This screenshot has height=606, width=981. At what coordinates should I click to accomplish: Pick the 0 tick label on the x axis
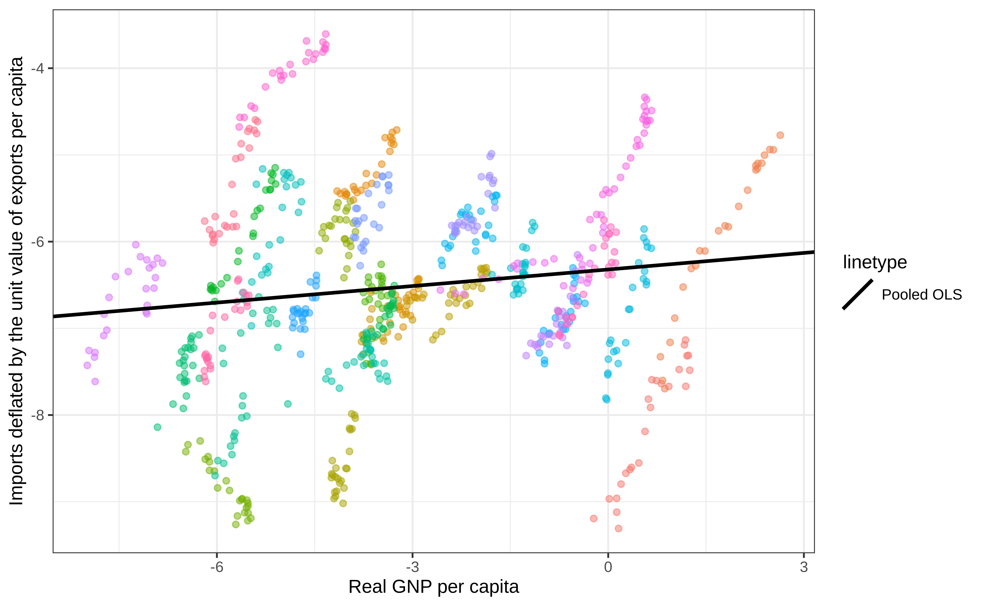pyautogui.click(x=608, y=567)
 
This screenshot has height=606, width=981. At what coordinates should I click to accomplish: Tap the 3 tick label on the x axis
pyautogui.click(x=804, y=567)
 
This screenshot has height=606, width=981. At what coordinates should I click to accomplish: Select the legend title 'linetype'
pyautogui.click(x=875, y=262)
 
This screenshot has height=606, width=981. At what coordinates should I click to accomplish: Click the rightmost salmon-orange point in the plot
pyautogui.click(x=780, y=136)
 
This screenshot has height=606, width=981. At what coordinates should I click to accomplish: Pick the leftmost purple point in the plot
pyautogui.click(x=87, y=365)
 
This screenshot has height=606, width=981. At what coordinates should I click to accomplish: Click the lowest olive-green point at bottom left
pyautogui.click(x=236, y=524)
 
